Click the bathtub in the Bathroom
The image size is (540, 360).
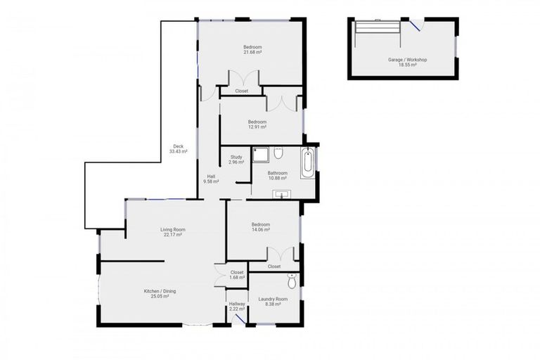pyautogui.click(x=308, y=163)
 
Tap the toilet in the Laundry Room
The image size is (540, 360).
pyautogui.click(x=292, y=282)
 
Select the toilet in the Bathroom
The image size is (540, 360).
pyautogui.click(x=278, y=153)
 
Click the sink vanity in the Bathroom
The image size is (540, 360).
pyautogui.click(x=283, y=194)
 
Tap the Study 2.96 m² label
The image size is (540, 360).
pyautogui.click(x=236, y=160)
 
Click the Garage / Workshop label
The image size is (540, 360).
pyautogui.click(x=407, y=62)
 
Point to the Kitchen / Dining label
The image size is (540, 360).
pyautogui.click(x=160, y=293)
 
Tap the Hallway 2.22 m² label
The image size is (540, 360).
pyautogui.click(x=236, y=307)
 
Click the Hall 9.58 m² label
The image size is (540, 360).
pyautogui.click(x=211, y=179)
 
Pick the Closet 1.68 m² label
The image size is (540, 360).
pyautogui.click(x=237, y=274)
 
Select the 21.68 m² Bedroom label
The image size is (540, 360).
pyautogui.click(x=252, y=49)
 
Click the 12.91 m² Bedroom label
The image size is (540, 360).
pyautogui.click(x=257, y=124)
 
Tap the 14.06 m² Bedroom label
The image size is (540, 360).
pyautogui.click(x=261, y=227)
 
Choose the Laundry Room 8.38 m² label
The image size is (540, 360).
pyautogui.click(x=271, y=302)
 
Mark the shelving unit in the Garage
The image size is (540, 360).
pyautogui.click(x=378, y=27)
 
